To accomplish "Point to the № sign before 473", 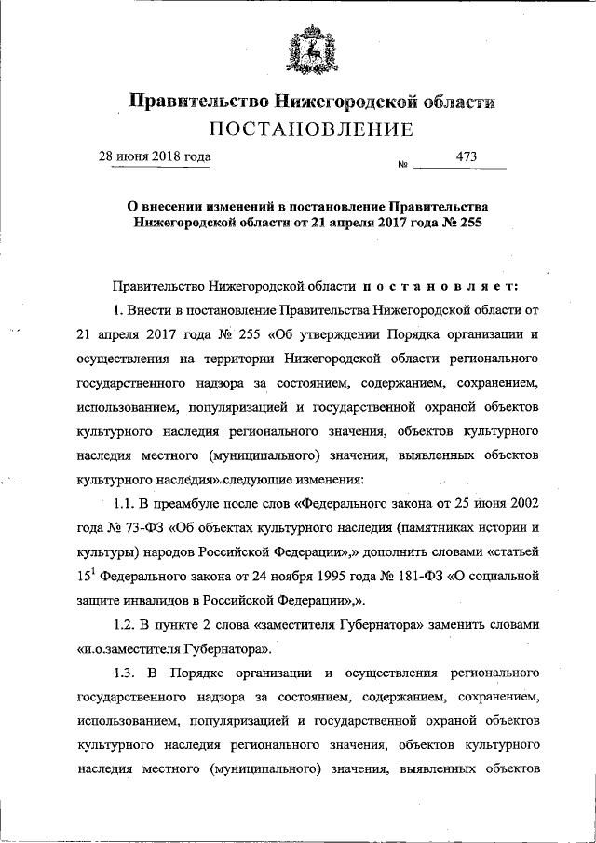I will click(x=403, y=165).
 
